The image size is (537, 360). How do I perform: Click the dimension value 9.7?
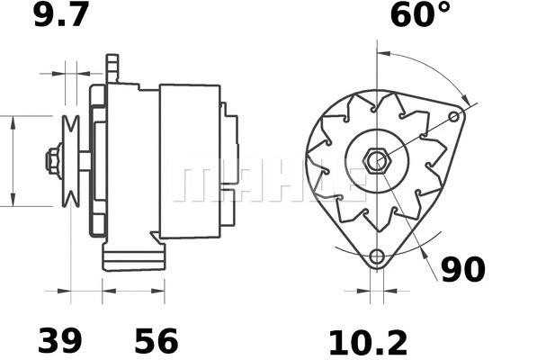click(58, 15)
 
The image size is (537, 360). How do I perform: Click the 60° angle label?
click(420, 15)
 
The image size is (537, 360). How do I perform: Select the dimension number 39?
click(59, 341)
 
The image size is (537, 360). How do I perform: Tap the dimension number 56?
click(157, 341)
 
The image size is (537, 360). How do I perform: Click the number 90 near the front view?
click(462, 269)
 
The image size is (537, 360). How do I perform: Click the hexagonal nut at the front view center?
click(377, 161)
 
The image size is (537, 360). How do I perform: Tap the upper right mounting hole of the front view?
click(455, 116)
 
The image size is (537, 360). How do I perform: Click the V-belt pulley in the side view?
click(70, 161)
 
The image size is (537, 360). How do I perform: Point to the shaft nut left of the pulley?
click(52, 161)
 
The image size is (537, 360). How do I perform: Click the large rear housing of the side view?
click(190, 161)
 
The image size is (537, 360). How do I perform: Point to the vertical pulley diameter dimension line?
click(13, 161)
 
